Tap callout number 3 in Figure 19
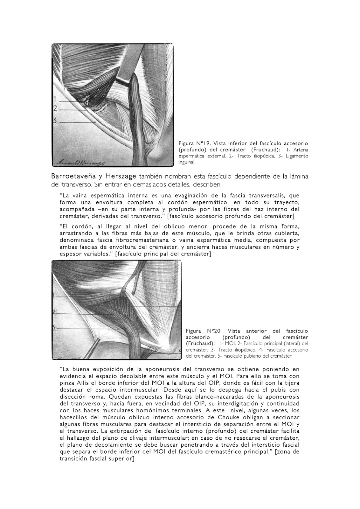tap(55, 121)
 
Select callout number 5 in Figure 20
tap(180, 351)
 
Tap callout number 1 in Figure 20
tap(54, 295)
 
